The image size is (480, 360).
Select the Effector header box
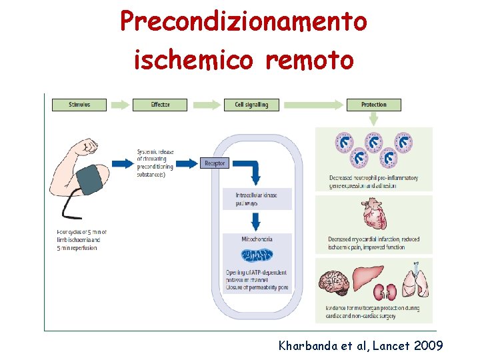pos(160,105)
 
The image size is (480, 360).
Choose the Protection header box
pos(373,105)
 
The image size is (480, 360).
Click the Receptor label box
pos(215,163)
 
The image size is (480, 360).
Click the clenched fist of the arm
pos(87,146)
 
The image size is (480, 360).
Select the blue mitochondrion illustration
pos(257,256)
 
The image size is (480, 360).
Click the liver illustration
pos(367,275)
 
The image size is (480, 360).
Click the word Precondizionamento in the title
pos(243,21)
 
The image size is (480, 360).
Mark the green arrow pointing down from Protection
pos(373,119)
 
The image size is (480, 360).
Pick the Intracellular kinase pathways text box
pos(257,199)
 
